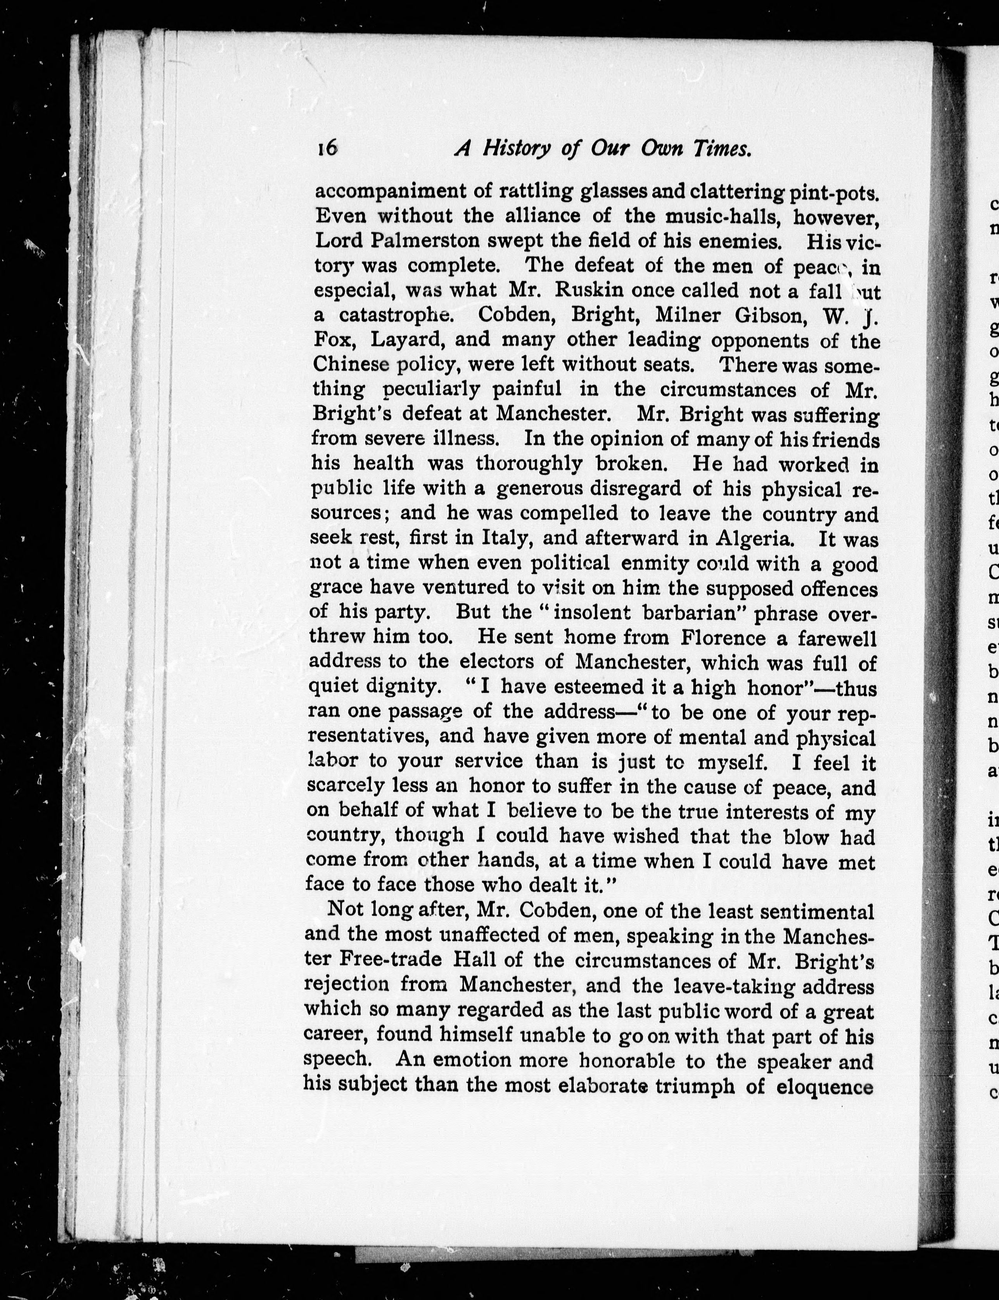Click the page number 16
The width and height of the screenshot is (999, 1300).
pos(327,147)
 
